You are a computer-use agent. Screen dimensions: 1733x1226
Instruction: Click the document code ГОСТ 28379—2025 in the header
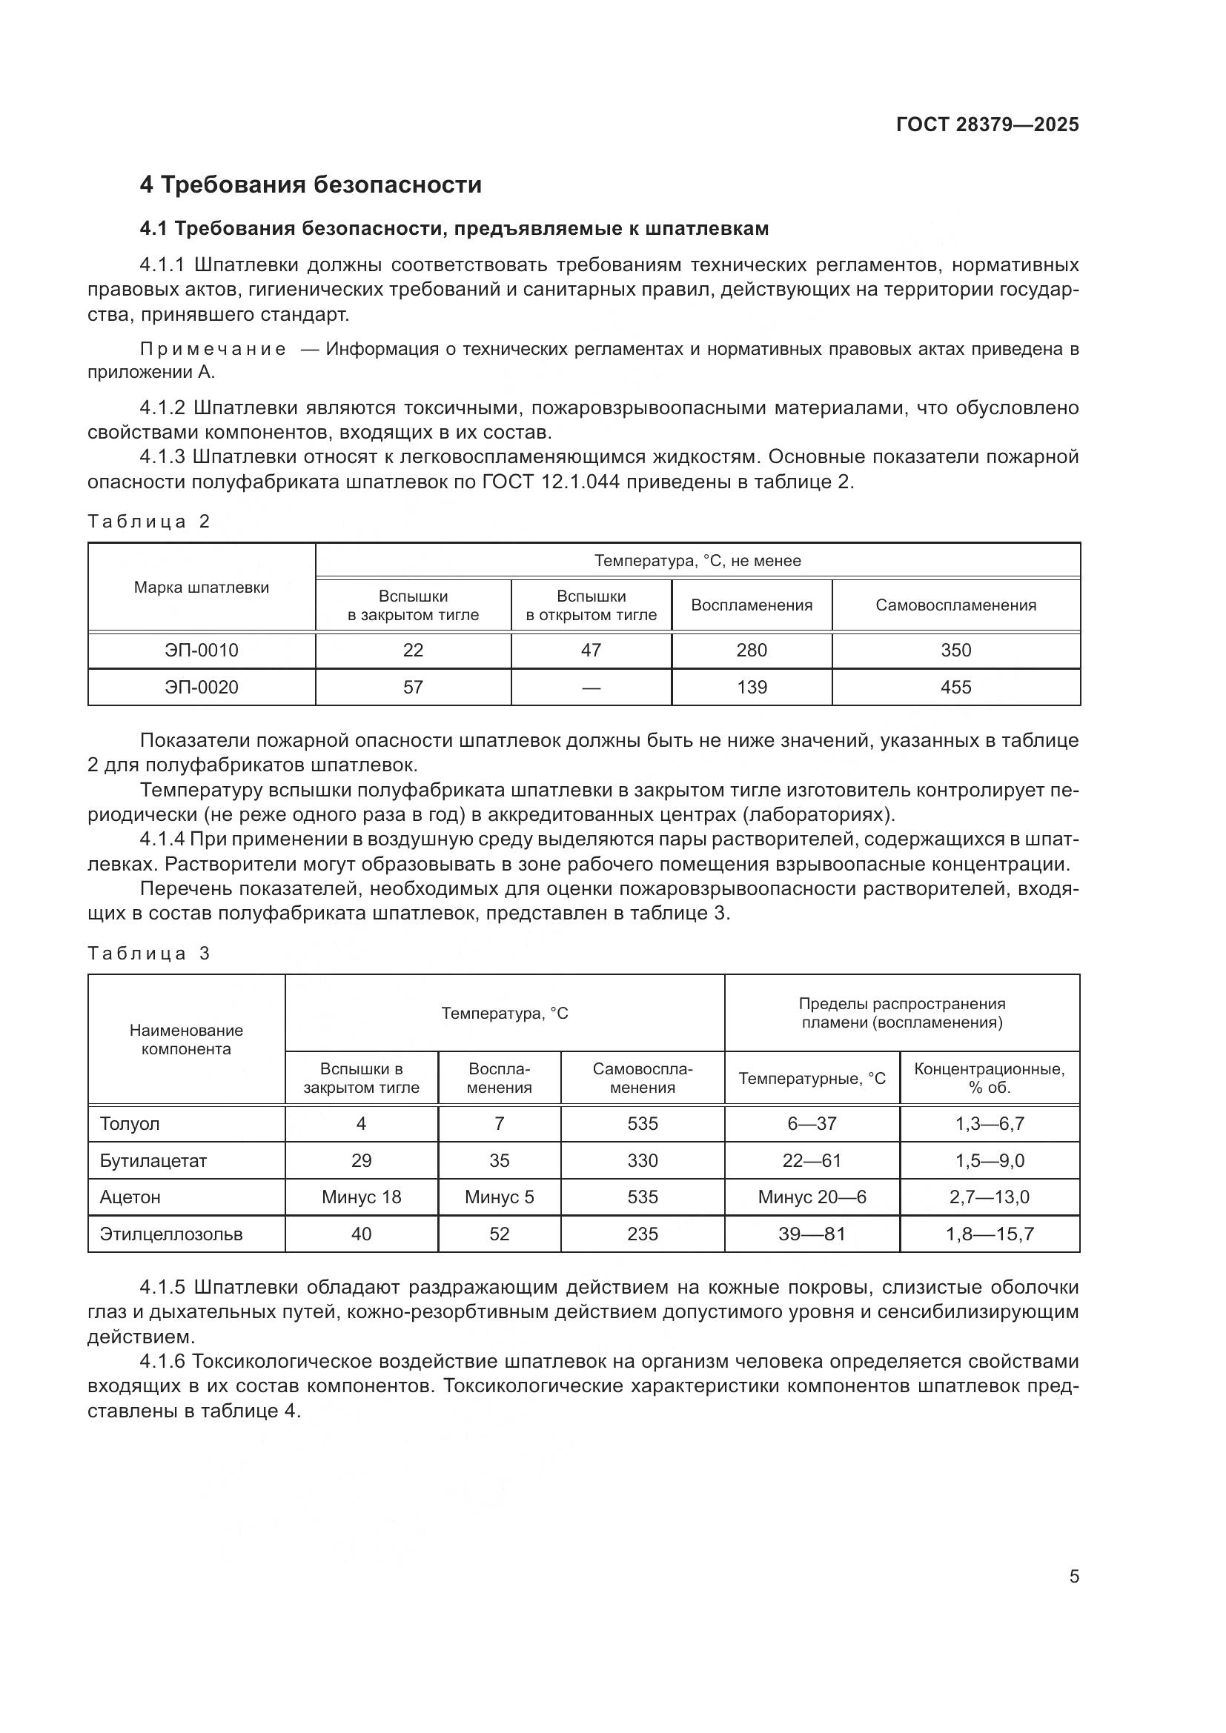tap(987, 124)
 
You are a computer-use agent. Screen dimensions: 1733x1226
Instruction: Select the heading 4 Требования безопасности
tap(311, 184)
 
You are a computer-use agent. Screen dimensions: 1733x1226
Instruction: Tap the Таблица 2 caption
tap(149, 522)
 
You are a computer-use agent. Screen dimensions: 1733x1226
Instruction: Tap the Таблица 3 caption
tap(149, 954)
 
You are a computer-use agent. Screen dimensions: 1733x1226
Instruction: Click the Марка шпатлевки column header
tap(201, 588)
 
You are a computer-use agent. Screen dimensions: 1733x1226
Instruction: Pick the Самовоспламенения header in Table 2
tap(955, 605)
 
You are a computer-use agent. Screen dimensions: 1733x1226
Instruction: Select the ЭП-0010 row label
tap(201, 650)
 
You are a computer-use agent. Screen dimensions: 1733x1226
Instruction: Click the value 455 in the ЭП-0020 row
tap(955, 687)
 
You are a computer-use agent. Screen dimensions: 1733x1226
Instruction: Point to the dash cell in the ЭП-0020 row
tap(591, 687)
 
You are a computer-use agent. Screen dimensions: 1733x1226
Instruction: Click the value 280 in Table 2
tap(751, 650)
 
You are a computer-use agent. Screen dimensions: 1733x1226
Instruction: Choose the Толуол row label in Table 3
tap(130, 1124)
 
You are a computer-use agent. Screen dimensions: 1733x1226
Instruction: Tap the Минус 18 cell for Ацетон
tap(361, 1197)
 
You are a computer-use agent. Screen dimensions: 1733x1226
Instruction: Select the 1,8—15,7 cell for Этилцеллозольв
tap(989, 1234)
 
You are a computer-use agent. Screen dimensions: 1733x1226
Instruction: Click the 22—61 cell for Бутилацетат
tap(812, 1161)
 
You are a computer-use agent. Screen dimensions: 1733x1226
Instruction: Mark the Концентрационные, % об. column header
tap(989, 1078)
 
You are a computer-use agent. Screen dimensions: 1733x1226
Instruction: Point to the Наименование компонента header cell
tap(186, 1040)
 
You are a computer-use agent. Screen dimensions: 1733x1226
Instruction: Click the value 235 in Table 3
tap(643, 1234)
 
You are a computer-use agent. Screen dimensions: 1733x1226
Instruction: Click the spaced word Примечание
tap(213, 349)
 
